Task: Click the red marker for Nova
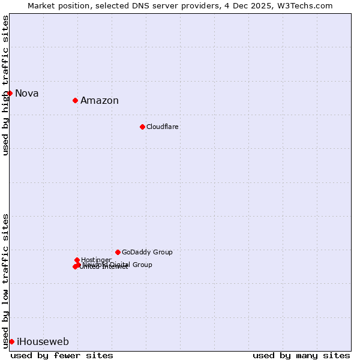pos(10,93)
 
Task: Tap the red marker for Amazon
pos(75,100)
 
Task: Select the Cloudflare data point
pos(142,127)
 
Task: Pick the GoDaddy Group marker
pos(118,252)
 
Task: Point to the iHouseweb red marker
pos(11,341)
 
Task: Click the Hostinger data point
pos(77,260)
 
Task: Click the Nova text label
pos(27,93)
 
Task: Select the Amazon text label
pos(100,100)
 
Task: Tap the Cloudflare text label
pos(163,127)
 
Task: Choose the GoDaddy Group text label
pos(147,252)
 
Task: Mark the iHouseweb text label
pos(43,342)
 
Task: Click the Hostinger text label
pos(96,260)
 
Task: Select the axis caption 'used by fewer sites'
pos(62,355)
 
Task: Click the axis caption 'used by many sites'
pos(301,355)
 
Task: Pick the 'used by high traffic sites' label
pos(5,85)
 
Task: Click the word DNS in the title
pos(137,6)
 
